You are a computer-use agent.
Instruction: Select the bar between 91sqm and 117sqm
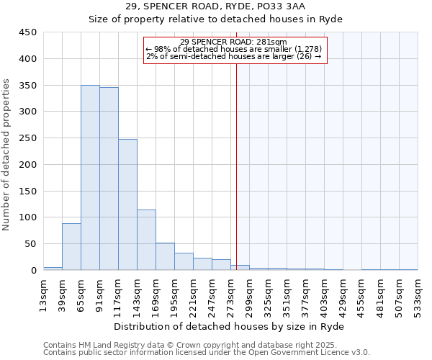pos(109,179)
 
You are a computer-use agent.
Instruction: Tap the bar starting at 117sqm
pos(127,204)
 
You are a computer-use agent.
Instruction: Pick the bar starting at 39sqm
pos(71,247)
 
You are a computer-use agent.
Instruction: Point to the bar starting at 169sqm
pos(165,256)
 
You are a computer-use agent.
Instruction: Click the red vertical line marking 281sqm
pos(236,166)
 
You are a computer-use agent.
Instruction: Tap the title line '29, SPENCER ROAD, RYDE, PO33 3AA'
pos(215,6)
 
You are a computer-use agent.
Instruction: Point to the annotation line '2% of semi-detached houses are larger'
pos(233,55)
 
